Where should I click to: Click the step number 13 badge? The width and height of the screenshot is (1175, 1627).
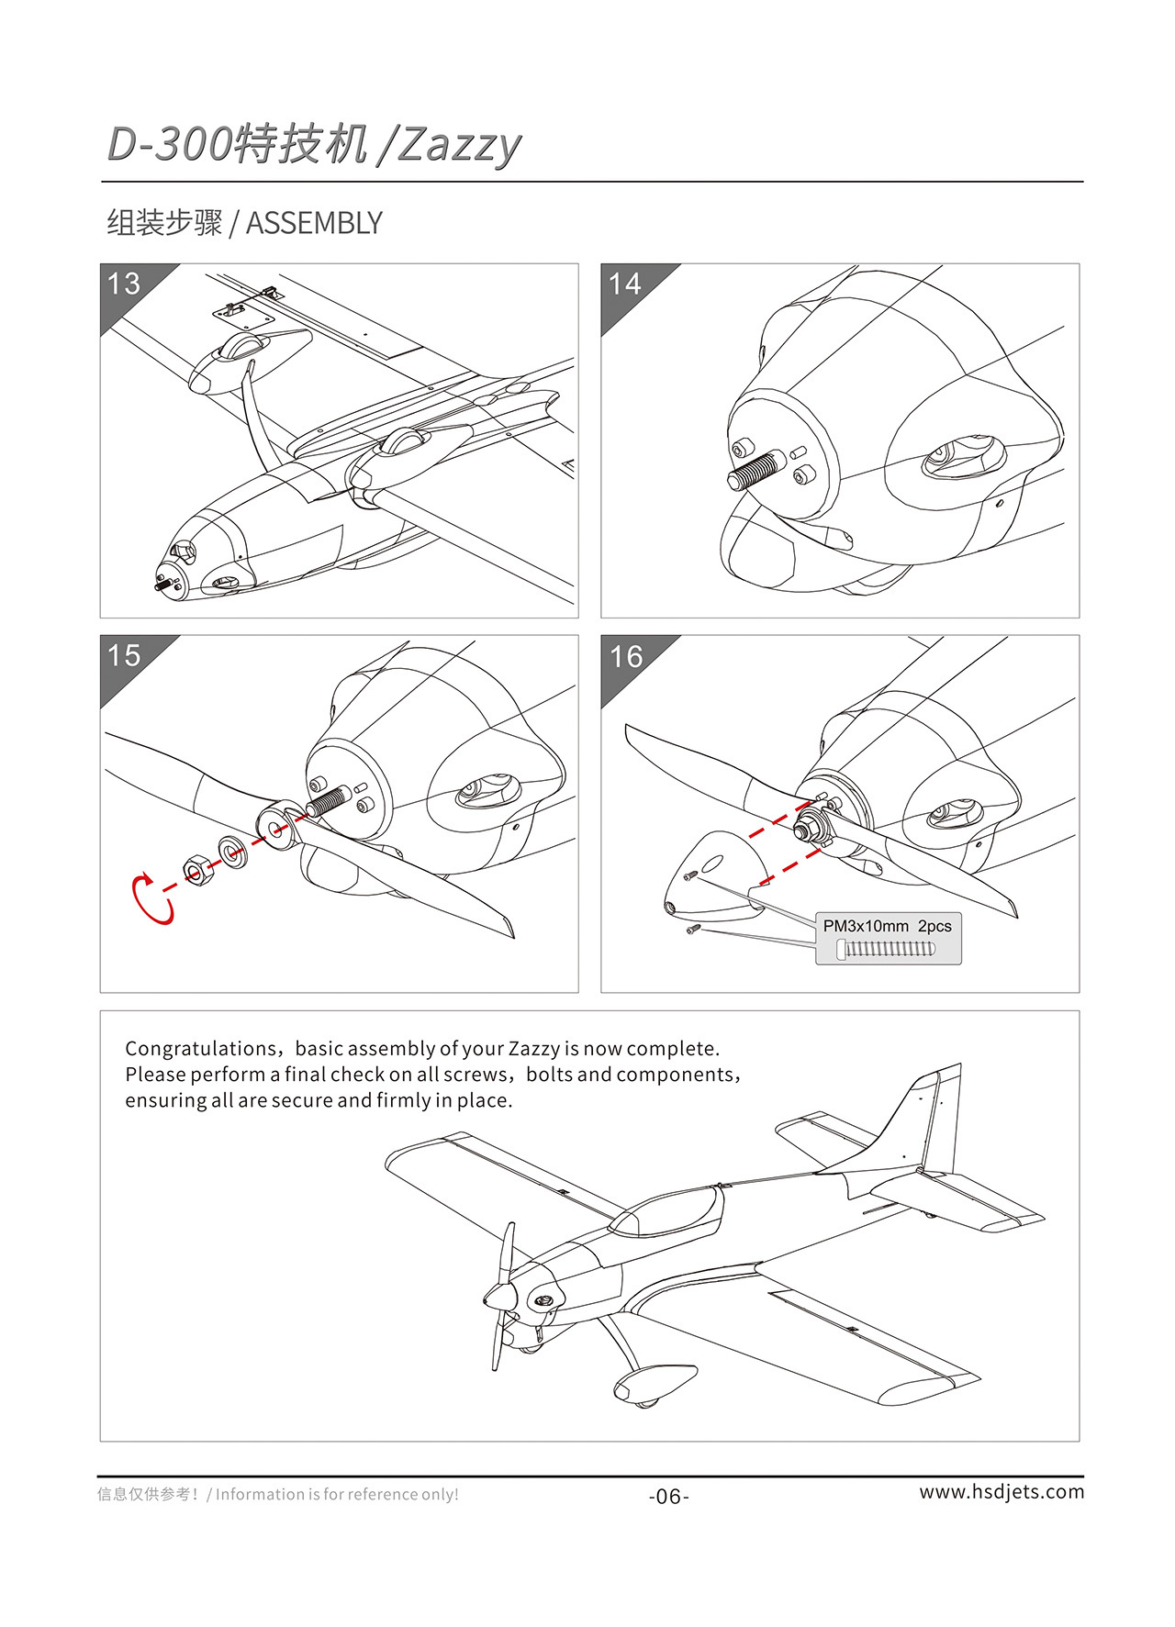tap(124, 284)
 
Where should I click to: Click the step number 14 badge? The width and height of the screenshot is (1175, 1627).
tap(625, 284)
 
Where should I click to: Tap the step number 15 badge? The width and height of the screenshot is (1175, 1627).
tap(124, 655)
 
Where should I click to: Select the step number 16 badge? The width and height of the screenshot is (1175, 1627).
tap(626, 656)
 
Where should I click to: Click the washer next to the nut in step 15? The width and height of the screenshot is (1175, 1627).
tap(232, 852)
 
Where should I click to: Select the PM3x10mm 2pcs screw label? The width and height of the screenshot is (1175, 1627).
tap(887, 926)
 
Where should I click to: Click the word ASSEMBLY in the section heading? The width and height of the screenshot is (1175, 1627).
tap(314, 223)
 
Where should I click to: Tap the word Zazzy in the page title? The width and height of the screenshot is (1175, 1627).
tap(459, 145)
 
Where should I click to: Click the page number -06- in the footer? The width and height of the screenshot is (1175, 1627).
tap(668, 1497)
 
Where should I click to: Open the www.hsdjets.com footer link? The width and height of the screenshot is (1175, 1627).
tap(1002, 1492)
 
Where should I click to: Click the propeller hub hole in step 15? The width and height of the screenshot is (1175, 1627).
tap(275, 831)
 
